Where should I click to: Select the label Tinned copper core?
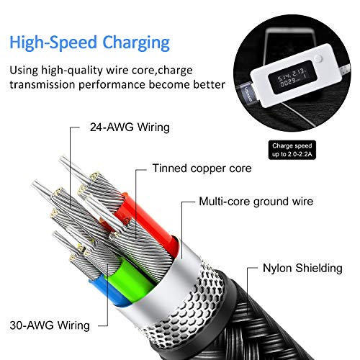[x=201, y=169]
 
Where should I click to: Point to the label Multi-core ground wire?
[x=256, y=202]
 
